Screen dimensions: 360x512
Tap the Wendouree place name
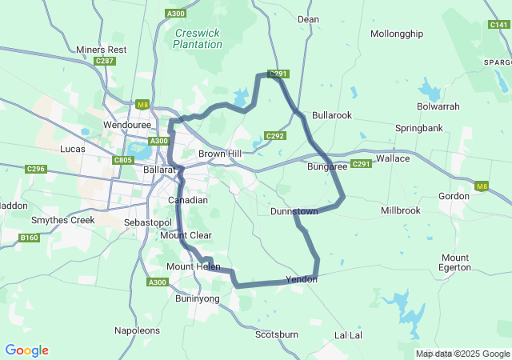[x=128, y=126]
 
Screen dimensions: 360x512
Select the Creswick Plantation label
[x=198, y=38]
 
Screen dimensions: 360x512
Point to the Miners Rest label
[x=102, y=50]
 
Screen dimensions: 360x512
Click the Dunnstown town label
[x=294, y=211]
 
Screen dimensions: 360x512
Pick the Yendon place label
[x=302, y=280]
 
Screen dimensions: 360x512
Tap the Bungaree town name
[x=327, y=166]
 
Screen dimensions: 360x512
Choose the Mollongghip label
[x=397, y=34]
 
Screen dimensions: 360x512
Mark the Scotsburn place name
[x=277, y=334]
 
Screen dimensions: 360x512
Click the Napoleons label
[x=137, y=330]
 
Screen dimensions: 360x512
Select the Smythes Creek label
[x=62, y=220]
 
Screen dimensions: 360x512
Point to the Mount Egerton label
[x=455, y=262]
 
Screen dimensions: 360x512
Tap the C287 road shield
[x=104, y=61]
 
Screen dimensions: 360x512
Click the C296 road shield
[x=36, y=169]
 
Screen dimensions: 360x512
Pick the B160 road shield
[x=30, y=238]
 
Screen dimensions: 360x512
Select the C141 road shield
[x=499, y=25]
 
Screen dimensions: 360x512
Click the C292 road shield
[x=275, y=136]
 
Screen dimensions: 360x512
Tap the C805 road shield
[x=122, y=160]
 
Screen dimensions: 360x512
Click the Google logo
[x=26, y=350]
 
